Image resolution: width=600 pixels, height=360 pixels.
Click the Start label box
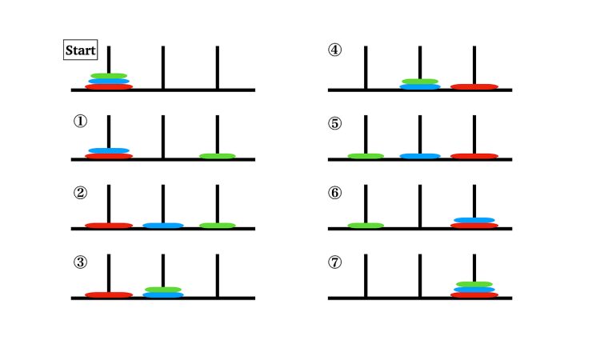tap(80, 50)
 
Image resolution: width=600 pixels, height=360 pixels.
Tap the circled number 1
tap(80, 122)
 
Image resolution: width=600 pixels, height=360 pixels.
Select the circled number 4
tap(335, 50)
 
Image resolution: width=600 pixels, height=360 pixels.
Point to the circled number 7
tap(335, 262)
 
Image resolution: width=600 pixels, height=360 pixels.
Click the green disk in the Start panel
tap(109, 76)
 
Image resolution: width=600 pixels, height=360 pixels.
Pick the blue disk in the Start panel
tap(109, 81)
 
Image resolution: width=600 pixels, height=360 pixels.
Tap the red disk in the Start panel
tap(109, 87)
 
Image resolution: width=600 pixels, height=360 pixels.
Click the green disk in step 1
tap(218, 156)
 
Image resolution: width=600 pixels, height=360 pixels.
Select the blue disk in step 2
tap(163, 226)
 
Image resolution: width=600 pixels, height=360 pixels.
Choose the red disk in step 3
tap(109, 295)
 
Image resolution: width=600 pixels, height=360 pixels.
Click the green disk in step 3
tap(163, 290)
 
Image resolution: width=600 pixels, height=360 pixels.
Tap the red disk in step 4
tap(474, 87)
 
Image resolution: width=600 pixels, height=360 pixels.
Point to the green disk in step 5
tap(366, 156)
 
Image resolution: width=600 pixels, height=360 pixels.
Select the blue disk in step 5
tap(420, 156)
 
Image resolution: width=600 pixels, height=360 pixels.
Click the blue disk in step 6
tap(474, 220)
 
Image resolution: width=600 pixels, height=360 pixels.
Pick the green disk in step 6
tap(366, 226)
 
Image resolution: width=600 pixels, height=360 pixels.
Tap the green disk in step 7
tap(474, 284)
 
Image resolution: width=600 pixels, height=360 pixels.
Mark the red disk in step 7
tap(474, 295)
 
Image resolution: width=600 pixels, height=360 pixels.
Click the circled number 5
tap(335, 123)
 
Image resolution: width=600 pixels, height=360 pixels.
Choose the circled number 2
tap(80, 193)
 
